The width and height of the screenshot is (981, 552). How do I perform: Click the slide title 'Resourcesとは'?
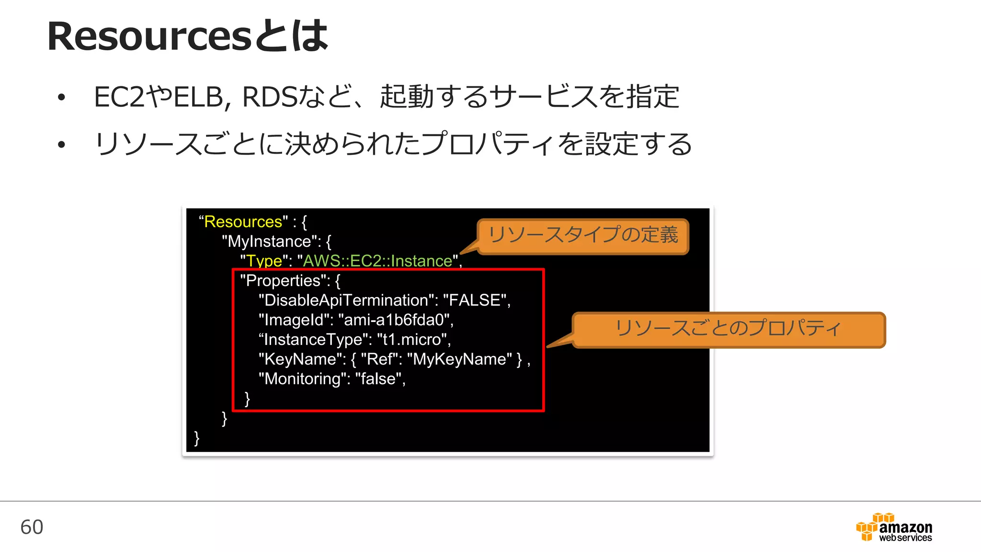(187, 36)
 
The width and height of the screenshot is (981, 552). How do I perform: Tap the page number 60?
(32, 527)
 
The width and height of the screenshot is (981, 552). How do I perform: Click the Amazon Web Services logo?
(894, 528)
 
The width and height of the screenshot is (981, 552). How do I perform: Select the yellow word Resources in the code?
(243, 222)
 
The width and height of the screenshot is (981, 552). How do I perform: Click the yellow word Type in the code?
(264, 261)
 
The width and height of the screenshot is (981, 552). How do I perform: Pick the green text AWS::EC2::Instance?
(377, 261)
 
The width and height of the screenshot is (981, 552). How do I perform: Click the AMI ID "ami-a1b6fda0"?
(394, 320)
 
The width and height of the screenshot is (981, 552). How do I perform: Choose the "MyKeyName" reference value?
(459, 359)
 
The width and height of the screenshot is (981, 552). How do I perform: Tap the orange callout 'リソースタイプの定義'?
(582, 235)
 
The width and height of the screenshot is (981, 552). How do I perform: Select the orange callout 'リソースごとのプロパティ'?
(728, 329)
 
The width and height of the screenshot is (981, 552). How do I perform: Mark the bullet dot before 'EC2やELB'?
(61, 98)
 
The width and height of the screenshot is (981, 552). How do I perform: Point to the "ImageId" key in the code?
(295, 320)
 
